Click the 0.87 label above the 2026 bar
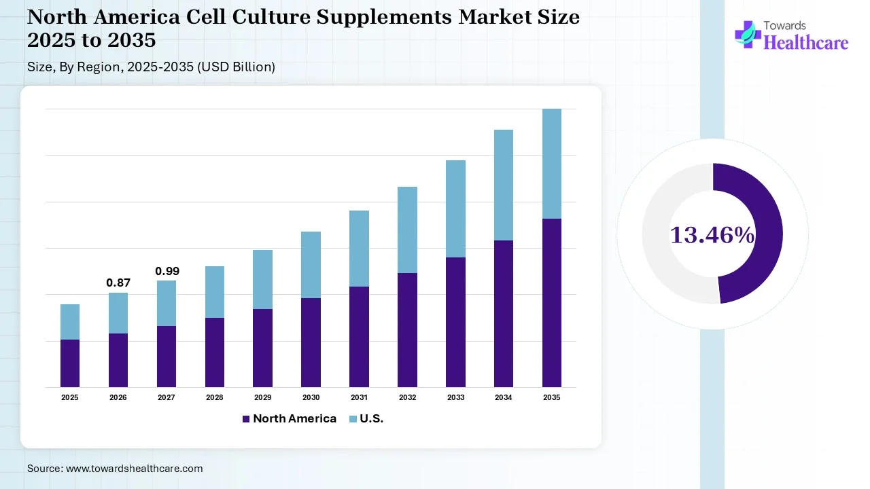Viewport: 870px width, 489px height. pos(118,283)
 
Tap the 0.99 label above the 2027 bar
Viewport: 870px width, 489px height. pos(167,271)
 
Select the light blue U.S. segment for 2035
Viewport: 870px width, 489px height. pos(551,164)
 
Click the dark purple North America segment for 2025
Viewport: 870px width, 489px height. pos(70,363)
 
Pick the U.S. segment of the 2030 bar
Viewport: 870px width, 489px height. pos(311,265)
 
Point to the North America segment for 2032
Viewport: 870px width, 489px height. pos(407,330)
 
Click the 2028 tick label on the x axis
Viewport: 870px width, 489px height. pos(215,397)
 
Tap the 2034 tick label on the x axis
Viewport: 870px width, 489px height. pos(504,397)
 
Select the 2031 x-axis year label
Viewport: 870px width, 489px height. pos(359,397)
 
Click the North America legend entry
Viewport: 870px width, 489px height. pos(289,418)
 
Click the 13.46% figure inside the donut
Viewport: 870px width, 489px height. pos(712,235)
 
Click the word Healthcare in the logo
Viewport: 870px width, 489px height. pos(806,43)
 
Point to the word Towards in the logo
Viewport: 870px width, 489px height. pos(785,26)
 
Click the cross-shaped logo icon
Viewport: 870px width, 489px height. pos(748,34)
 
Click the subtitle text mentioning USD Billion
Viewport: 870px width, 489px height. pos(151,67)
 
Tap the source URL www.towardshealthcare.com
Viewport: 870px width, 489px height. pos(133,469)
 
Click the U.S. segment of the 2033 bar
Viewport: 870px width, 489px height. pos(455,209)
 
